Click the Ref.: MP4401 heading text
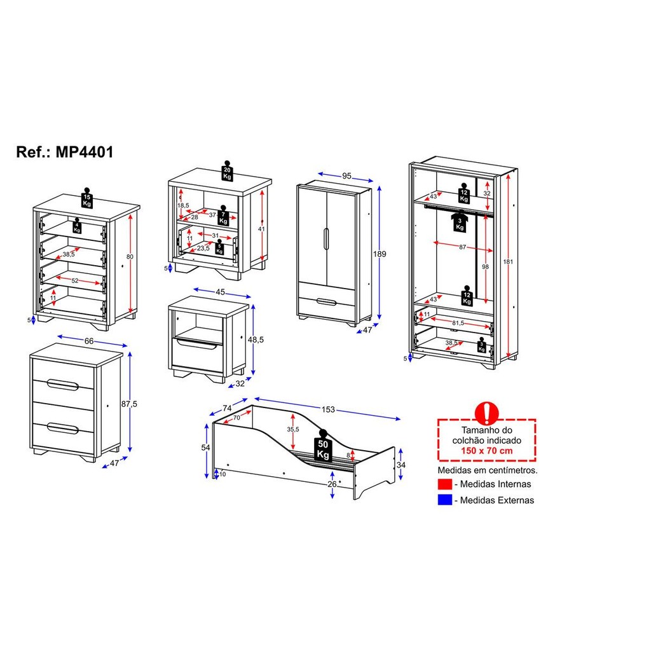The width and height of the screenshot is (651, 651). tap(65, 153)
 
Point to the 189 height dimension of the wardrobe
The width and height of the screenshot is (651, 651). tap(380, 254)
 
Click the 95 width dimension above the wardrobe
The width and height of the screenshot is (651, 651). tap(346, 176)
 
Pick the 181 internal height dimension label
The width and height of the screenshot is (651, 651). tap(511, 261)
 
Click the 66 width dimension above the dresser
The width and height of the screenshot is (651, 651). tap(90, 341)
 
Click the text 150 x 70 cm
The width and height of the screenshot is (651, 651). tap(487, 451)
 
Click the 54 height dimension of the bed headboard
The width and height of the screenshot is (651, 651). tap(205, 448)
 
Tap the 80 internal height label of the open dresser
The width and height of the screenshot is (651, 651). tap(130, 257)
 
